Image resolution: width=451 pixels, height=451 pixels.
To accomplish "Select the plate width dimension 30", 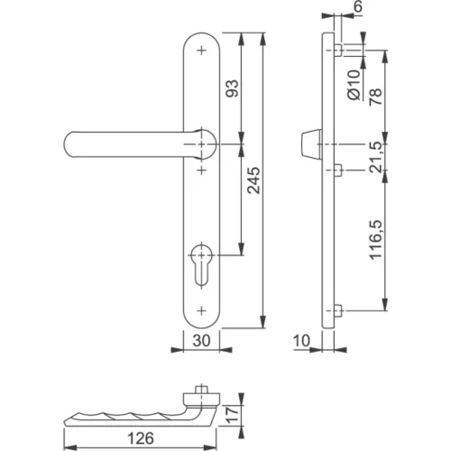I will coord(200,341).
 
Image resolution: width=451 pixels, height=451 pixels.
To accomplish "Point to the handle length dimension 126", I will coord(139,439).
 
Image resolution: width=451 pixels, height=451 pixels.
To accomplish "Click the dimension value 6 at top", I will coord(357,8).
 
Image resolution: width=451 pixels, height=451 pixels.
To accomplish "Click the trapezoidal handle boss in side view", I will coord(307,145).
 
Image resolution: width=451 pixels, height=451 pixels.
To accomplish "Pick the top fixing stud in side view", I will coord(336,49).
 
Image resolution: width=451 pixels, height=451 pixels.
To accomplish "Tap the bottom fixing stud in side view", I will coord(336,311).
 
